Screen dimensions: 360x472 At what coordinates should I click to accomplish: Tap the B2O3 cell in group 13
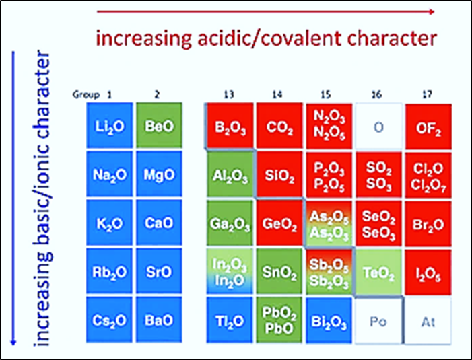tap(229, 126)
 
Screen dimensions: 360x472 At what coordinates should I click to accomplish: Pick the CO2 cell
tap(277, 126)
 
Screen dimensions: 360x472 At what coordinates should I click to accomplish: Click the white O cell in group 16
tap(378, 126)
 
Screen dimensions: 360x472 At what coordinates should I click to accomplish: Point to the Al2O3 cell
tap(229, 174)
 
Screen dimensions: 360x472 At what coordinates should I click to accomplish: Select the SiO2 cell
tap(277, 174)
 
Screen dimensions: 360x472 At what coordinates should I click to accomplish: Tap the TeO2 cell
tap(378, 272)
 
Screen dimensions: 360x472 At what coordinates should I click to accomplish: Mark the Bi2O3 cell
tap(329, 321)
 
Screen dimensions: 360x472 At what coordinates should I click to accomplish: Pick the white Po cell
tap(378, 321)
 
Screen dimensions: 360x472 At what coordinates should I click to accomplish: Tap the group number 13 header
tap(228, 95)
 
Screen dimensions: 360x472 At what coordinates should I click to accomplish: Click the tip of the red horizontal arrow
tap(433, 11)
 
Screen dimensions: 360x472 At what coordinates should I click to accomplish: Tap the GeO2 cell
tap(277, 223)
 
